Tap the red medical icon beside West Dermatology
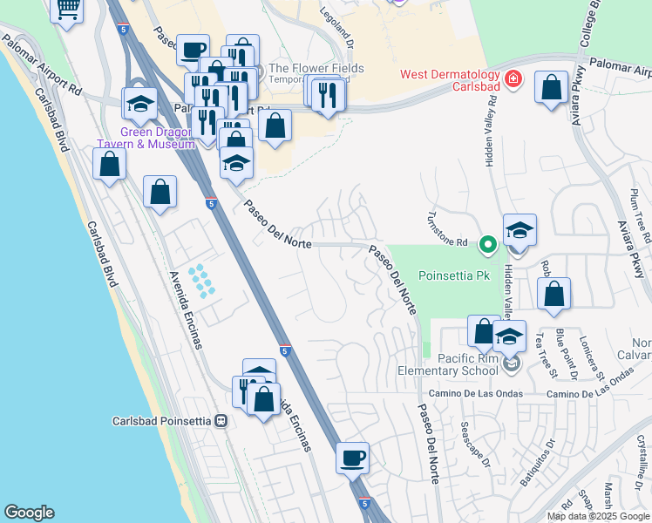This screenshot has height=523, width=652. coord(514,79)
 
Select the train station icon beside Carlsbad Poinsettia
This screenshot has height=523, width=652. coord(221,421)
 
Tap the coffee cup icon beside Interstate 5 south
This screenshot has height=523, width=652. coord(352,457)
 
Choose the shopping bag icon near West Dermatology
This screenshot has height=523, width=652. coord(551,88)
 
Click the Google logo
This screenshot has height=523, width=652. coord(29,513)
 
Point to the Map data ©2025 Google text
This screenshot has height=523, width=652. coord(596,516)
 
